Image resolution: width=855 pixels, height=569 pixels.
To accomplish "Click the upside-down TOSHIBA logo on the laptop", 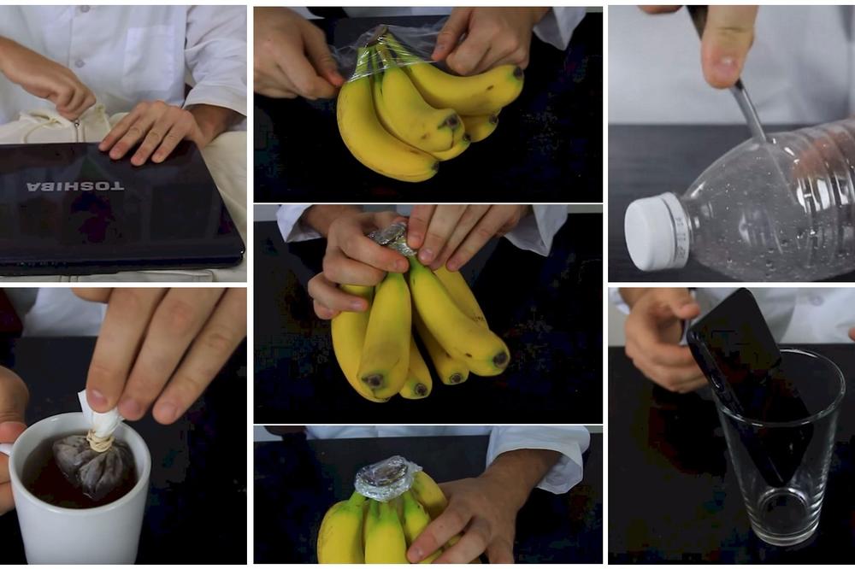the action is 76,187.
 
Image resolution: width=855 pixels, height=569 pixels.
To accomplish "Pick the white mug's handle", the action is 5,449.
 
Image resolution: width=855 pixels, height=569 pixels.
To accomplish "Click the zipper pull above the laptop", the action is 77,131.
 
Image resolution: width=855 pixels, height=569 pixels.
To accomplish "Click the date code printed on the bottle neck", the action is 680,238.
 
